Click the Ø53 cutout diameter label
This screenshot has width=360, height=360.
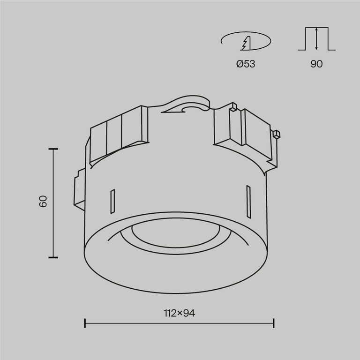pyautogui.click(x=245, y=64)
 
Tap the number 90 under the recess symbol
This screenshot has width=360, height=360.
pyautogui.click(x=316, y=64)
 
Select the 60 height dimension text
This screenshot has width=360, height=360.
pyautogui.click(x=43, y=202)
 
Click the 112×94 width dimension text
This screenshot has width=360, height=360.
pyautogui.click(x=179, y=313)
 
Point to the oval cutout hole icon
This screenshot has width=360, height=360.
pyautogui.click(x=245, y=42)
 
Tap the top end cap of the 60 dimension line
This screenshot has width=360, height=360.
pyautogui.click(x=53, y=149)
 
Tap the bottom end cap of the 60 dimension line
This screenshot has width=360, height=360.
pyautogui.click(x=53, y=257)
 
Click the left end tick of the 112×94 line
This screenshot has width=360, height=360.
pyautogui.click(x=85, y=323)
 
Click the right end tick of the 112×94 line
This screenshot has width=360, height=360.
pyautogui.click(x=273, y=323)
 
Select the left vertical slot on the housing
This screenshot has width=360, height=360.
pyautogui.click(x=112, y=202)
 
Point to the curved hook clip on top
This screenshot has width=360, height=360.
pyautogui.click(x=187, y=105)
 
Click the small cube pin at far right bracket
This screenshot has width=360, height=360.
pyautogui.click(x=277, y=134)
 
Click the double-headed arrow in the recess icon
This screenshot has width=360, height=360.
pyautogui.click(x=317, y=39)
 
